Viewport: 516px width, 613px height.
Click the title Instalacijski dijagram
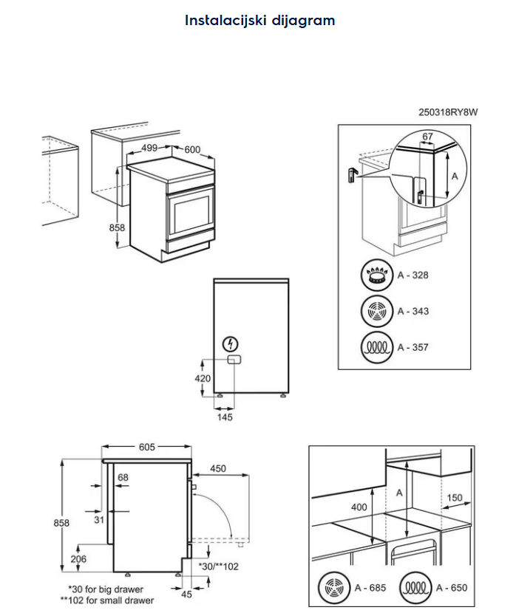click(x=259, y=21)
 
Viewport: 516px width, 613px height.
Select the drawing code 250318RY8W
click(x=449, y=112)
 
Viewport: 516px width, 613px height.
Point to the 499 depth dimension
click(x=149, y=148)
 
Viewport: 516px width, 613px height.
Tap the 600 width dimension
click(x=192, y=149)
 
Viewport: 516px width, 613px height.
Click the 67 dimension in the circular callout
click(x=427, y=137)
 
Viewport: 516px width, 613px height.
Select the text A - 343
click(x=413, y=311)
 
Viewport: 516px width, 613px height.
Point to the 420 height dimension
click(x=203, y=377)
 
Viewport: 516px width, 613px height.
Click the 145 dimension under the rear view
click(x=225, y=417)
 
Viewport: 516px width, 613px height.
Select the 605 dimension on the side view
click(x=146, y=447)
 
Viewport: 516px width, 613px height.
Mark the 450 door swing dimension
click(x=218, y=469)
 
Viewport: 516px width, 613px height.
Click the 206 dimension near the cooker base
click(x=78, y=559)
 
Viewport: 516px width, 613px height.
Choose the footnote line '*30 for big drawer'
click(x=106, y=589)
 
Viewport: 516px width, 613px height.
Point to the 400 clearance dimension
click(x=359, y=507)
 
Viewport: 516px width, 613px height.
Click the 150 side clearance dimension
click(x=455, y=498)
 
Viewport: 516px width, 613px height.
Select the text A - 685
click(x=369, y=588)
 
